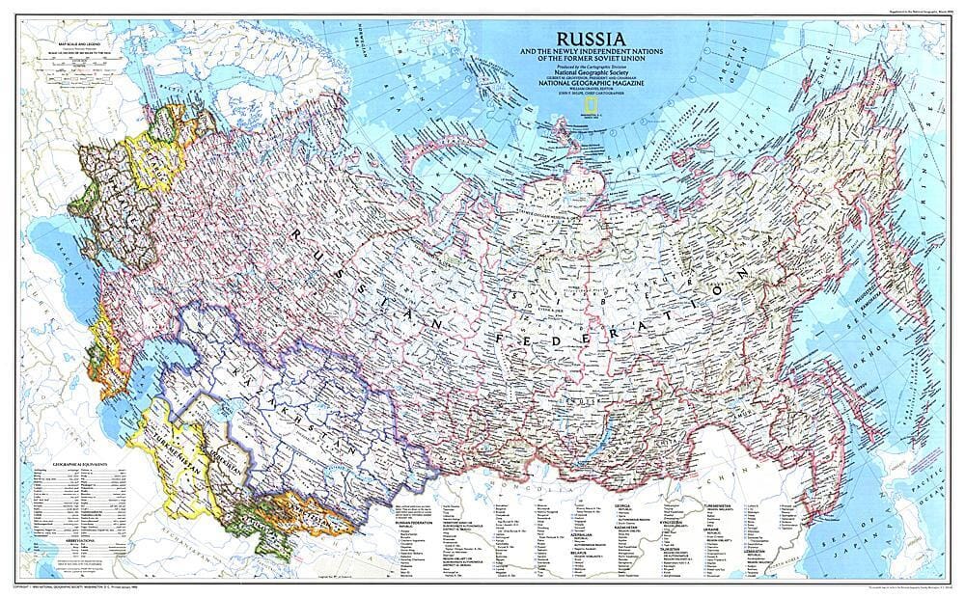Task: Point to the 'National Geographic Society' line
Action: coord(587,71)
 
